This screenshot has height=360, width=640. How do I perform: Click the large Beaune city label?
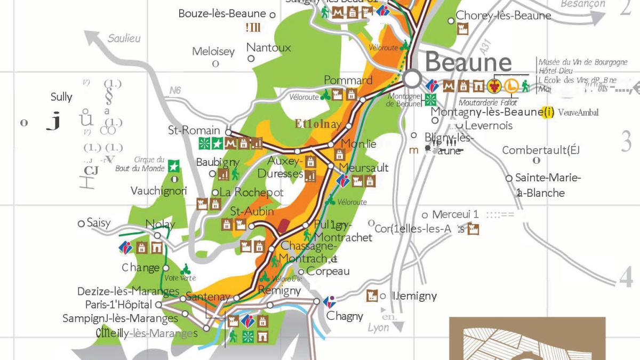468,62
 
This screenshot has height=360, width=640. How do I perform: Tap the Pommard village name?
348,81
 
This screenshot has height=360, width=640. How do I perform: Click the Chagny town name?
345,316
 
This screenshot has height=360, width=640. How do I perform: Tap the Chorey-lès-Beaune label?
503,16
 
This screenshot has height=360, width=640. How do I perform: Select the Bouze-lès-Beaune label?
222,14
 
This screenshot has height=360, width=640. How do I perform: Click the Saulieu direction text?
124,38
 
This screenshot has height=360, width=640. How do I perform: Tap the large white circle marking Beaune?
412,79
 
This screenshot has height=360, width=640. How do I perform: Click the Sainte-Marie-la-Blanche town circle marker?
510,178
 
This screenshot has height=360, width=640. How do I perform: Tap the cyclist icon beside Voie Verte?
185,268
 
